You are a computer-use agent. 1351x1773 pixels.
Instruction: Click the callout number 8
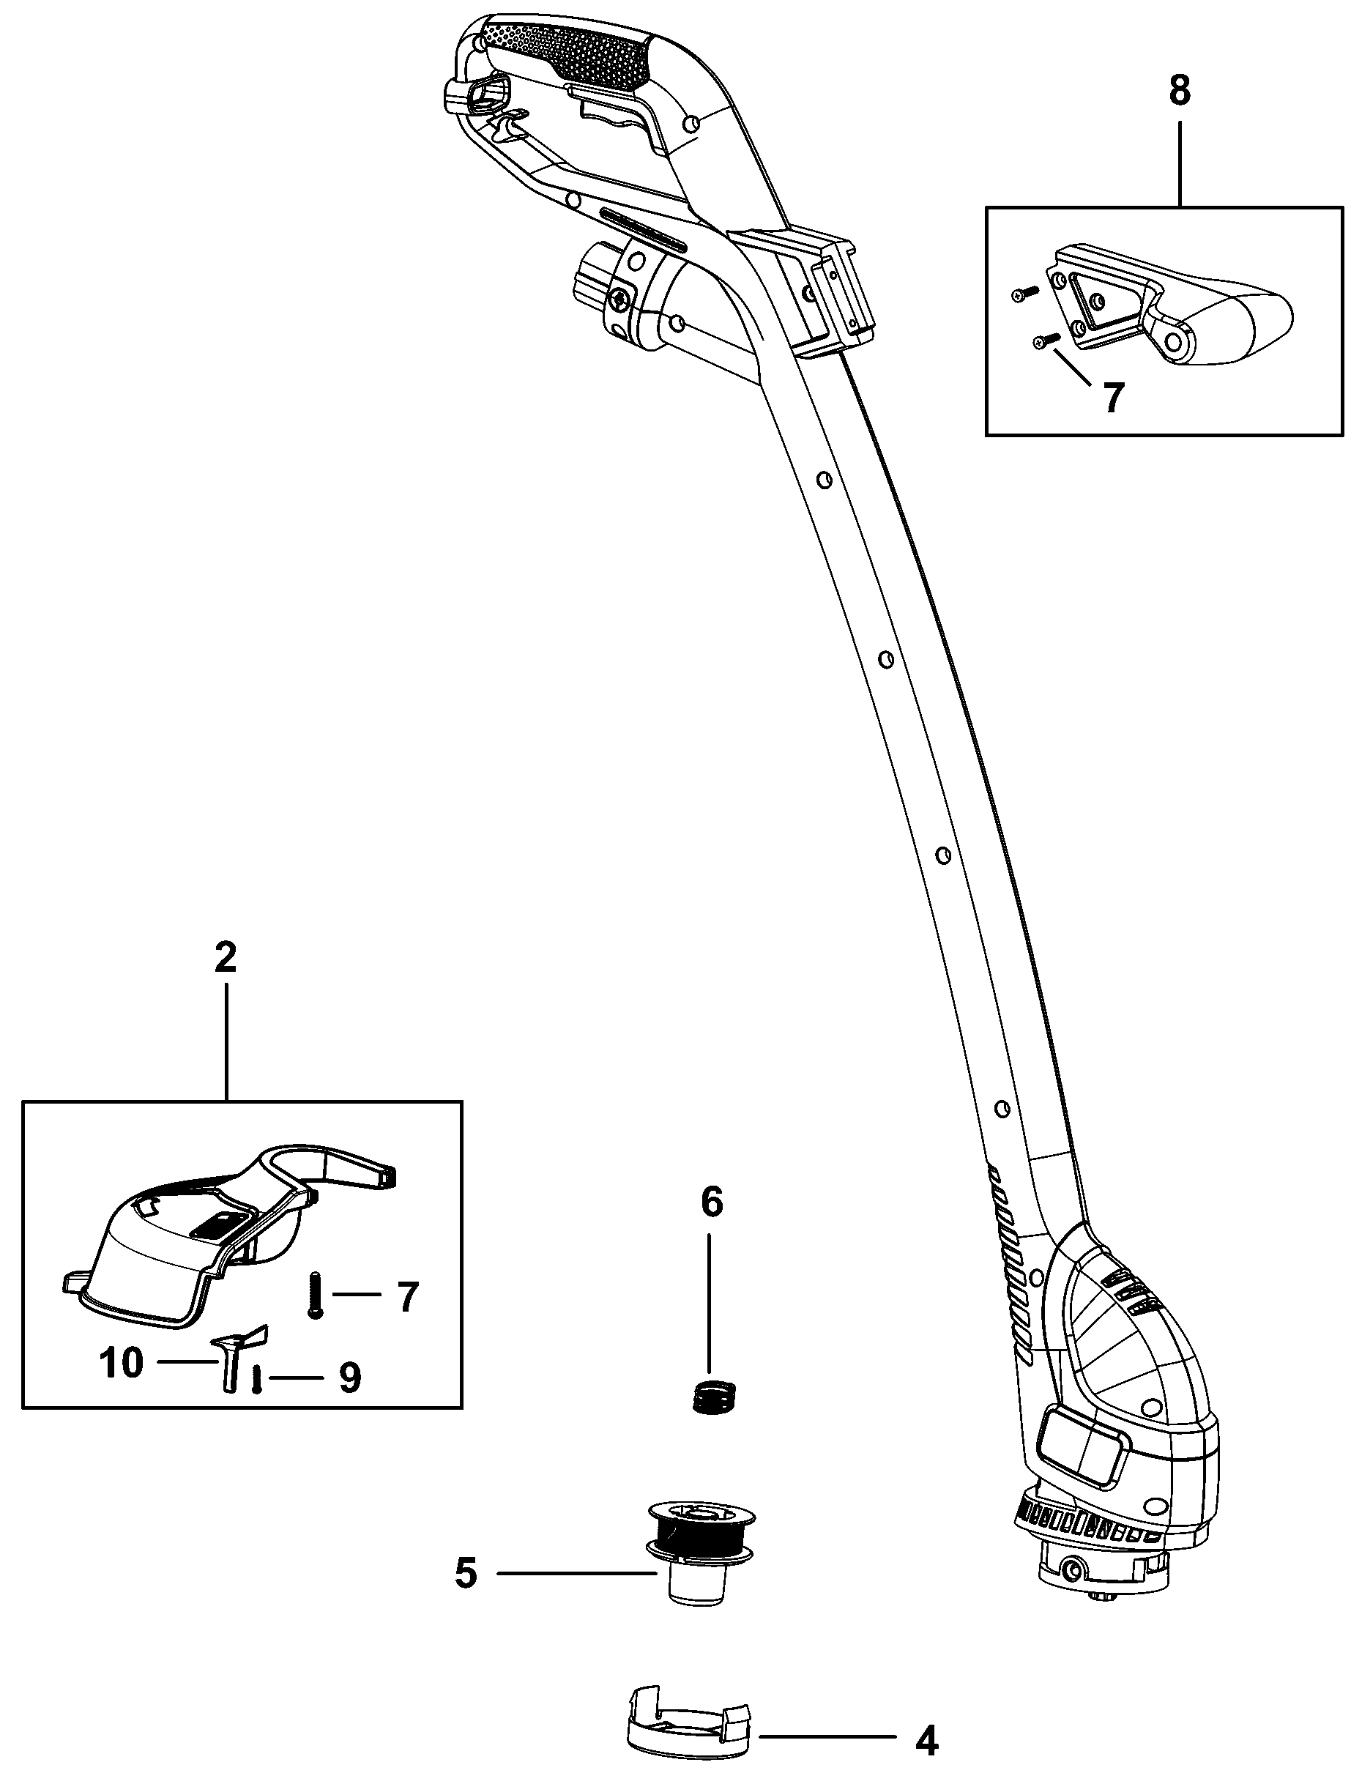pos(1179,91)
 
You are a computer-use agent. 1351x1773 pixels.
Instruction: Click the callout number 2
pos(226,958)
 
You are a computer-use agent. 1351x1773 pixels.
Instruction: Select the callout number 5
pos(466,1573)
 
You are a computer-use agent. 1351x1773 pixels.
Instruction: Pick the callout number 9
pos(350,1379)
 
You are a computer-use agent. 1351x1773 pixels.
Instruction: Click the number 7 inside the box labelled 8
pos(1112,398)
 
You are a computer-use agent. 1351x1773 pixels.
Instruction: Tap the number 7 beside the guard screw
pos(408,1297)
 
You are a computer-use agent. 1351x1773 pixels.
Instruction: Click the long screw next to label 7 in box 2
pos(313,1295)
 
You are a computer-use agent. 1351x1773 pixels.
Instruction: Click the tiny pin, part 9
pos(256,1380)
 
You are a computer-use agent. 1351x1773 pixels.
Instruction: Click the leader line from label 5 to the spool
pos(575,1573)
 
